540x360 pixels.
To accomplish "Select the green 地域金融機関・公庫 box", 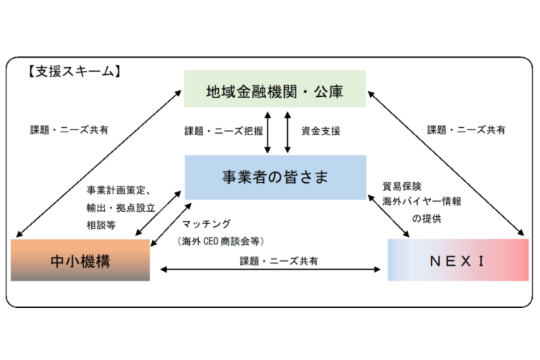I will pos(275,89).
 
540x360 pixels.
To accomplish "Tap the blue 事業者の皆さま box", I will pos(275,176).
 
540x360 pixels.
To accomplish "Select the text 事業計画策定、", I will pos(118,190).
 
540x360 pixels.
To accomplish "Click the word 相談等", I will pos(100,226).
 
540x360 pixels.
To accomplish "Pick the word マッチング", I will pos(206,223).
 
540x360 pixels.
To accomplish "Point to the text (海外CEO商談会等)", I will pos(221,241).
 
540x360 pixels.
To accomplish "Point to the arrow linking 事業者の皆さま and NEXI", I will pos(390,214).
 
